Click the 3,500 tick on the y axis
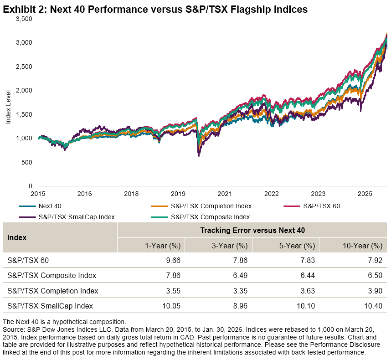24,19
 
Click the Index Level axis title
8,103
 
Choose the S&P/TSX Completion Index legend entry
211,206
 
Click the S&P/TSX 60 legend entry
321,206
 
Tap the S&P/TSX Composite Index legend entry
210,217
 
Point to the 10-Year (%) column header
363,246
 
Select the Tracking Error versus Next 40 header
252,231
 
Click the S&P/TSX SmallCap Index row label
50,305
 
